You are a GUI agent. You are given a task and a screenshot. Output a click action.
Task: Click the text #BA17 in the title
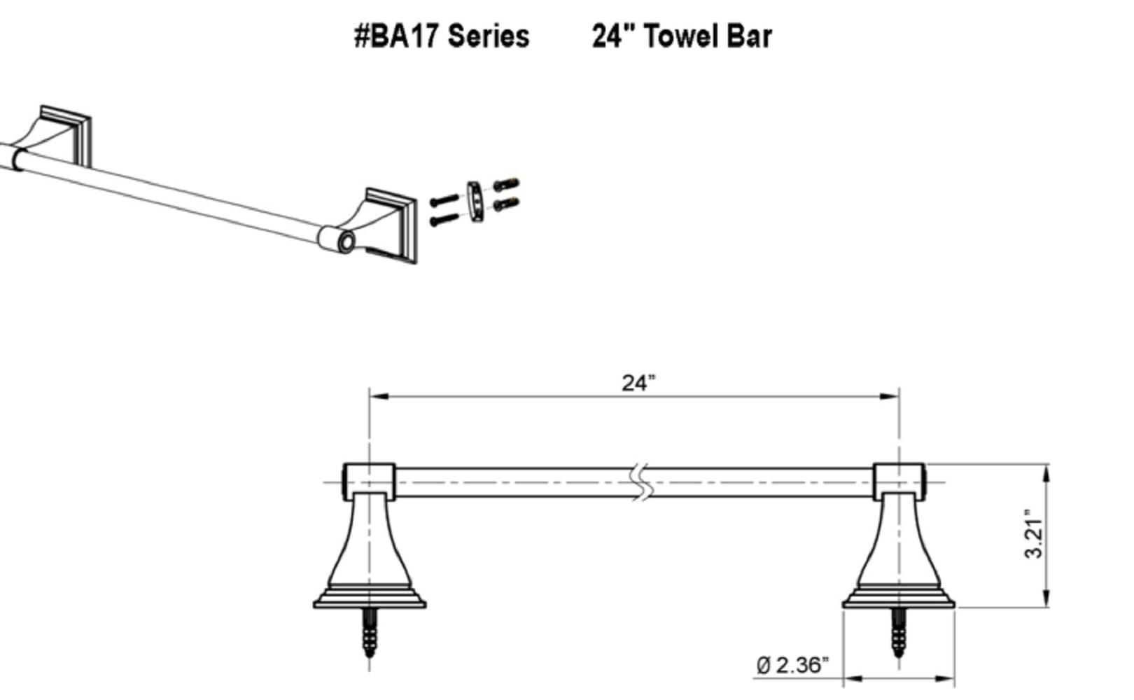coord(396,36)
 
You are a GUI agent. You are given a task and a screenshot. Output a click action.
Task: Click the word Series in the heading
coord(488,36)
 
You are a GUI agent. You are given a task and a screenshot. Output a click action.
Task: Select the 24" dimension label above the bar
coord(638,383)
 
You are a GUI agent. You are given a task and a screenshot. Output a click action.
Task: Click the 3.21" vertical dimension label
coord(1033,533)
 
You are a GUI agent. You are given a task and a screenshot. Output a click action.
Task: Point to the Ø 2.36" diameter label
coord(792,664)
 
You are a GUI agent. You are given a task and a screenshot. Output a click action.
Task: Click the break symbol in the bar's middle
coord(641,482)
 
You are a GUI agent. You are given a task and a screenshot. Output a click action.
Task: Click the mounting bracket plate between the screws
coord(475,202)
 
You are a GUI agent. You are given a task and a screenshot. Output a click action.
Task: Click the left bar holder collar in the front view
coord(369,482)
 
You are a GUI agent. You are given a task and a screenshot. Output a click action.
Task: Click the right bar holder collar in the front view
coord(899,482)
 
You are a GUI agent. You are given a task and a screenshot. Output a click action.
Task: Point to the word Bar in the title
coord(748,36)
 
